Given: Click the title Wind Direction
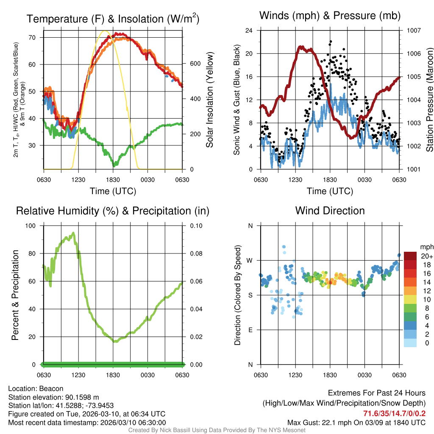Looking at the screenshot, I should click(330, 211).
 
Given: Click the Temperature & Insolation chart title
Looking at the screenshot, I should click(113, 19).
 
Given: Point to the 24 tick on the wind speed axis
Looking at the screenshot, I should click(249, 31).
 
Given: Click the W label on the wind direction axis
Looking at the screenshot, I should click(250, 261).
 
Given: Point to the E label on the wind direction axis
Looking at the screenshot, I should click(250, 330).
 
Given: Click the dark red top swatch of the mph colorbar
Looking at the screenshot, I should click(410, 256).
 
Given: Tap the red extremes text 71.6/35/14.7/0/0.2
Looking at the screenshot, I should click(394, 413).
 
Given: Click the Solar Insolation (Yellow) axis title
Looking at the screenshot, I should click(210, 100).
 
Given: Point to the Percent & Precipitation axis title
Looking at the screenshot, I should click(15, 295).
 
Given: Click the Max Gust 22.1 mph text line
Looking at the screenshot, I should click(356, 422).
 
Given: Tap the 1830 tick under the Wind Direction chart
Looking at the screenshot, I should click(330, 375).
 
